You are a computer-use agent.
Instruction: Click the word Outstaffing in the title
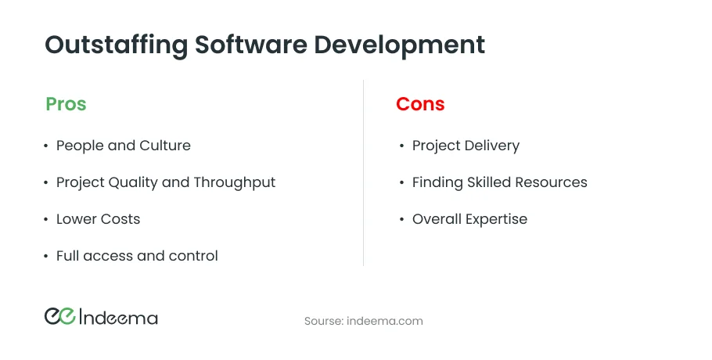tap(117, 45)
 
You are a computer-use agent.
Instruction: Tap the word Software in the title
tap(251, 45)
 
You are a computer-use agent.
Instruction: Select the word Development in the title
tap(400, 45)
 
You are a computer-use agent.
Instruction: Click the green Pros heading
tap(66, 104)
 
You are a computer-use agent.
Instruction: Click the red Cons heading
tap(420, 104)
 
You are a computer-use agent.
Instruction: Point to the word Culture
tap(165, 146)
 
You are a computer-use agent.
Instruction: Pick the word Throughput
tap(234, 182)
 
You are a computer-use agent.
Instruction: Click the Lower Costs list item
tap(98, 219)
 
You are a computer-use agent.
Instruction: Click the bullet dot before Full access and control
tap(46, 256)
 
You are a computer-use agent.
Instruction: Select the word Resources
tap(551, 182)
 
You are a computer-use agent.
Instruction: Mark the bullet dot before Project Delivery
tap(402, 146)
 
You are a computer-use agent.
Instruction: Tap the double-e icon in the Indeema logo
tap(60, 316)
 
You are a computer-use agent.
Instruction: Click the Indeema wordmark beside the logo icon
tap(118, 317)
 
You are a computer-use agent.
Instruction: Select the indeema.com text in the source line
tap(385, 321)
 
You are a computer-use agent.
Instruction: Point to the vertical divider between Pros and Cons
tap(363, 173)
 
